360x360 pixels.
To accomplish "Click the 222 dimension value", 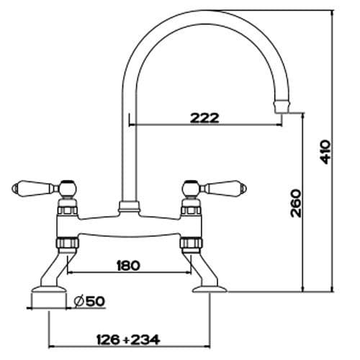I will pos(205,118).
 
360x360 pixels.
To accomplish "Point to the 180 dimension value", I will pos(128,265).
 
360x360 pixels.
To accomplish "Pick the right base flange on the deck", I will pos(210,291).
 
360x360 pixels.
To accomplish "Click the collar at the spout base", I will pos(127,207).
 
